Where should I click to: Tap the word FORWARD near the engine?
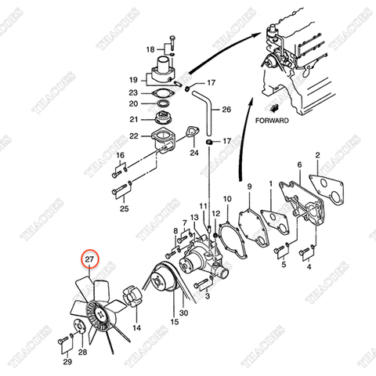point(272,121)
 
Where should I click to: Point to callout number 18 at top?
point(150,49)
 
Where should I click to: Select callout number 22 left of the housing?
point(134,137)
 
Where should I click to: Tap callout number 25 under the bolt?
point(124,209)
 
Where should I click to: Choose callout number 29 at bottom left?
point(67,363)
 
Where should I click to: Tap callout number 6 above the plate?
point(299,165)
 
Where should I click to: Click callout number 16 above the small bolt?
point(121,156)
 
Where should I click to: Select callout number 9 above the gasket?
point(248,186)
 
